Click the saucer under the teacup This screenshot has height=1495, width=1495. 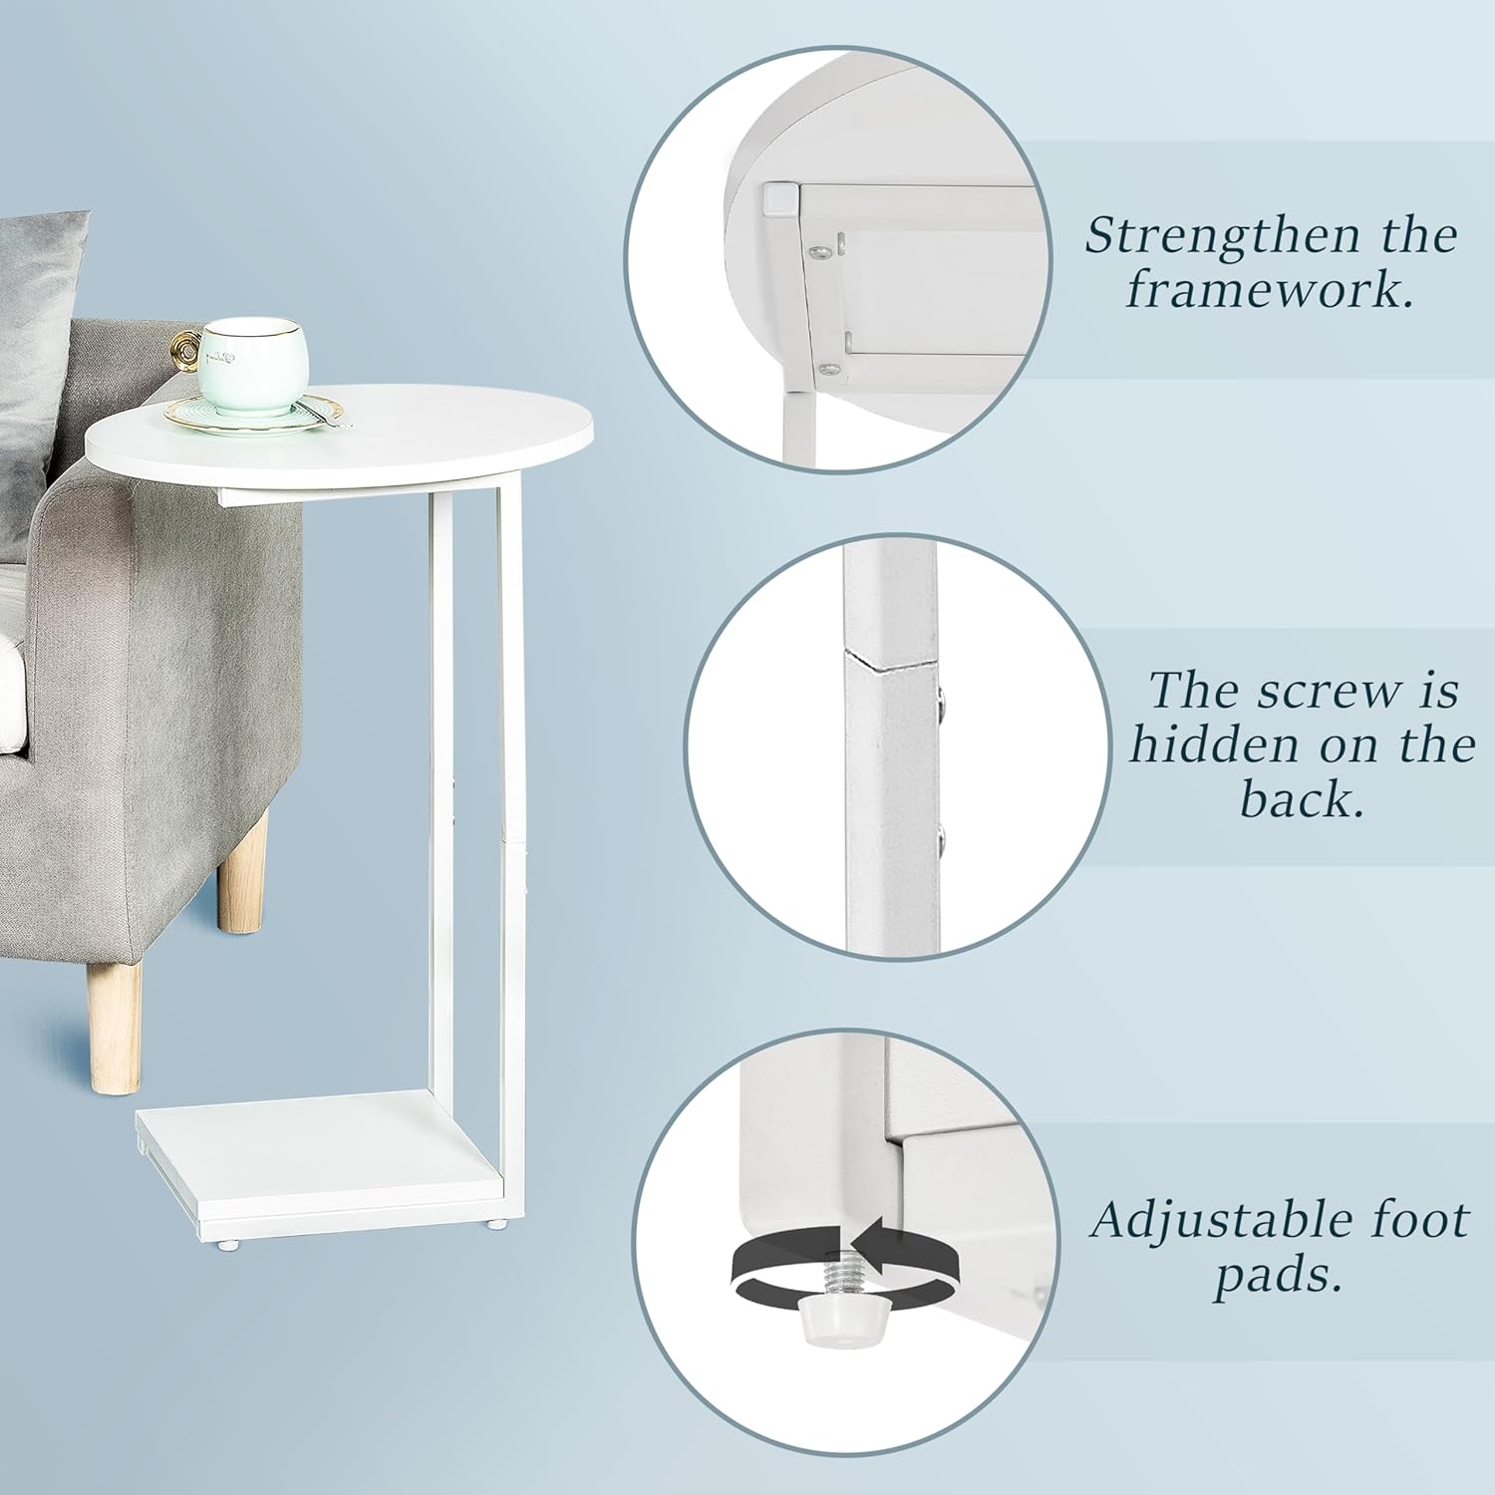[x=254, y=413]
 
